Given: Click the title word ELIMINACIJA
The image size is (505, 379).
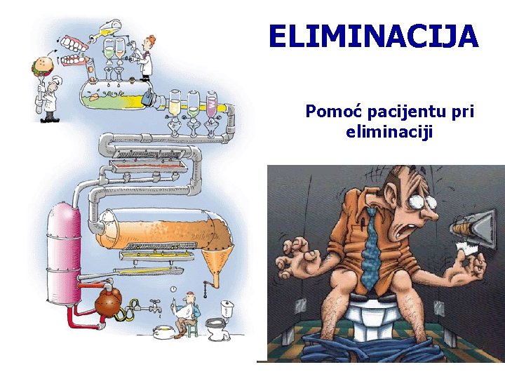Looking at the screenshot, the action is [x=373, y=36].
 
